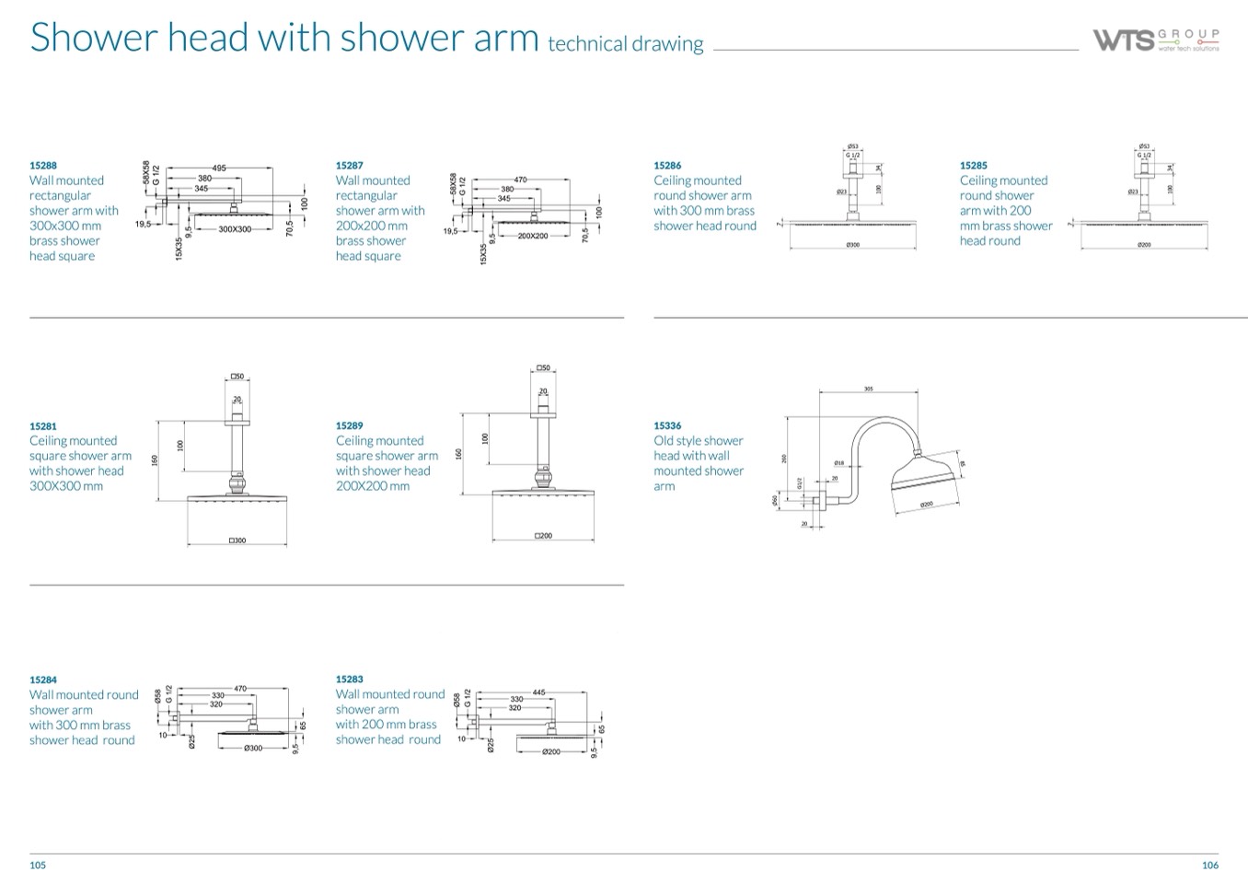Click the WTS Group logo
coord(1156,40)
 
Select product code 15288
coord(43,166)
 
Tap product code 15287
coord(350,166)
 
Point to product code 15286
coord(667,166)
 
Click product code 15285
coord(974,166)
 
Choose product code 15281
coord(43,426)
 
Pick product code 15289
coord(350,426)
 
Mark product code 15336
coord(667,426)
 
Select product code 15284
coord(43,680)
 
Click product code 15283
coord(350,680)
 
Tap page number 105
coord(38,865)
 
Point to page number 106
coord(1210,865)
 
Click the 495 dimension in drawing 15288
coord(219,168)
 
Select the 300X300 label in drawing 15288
coord(235,229)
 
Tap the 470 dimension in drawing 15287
coord(520,180)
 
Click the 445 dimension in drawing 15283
coord(539,691)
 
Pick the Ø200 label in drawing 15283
coord(551,752)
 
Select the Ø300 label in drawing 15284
coord(253,748)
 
